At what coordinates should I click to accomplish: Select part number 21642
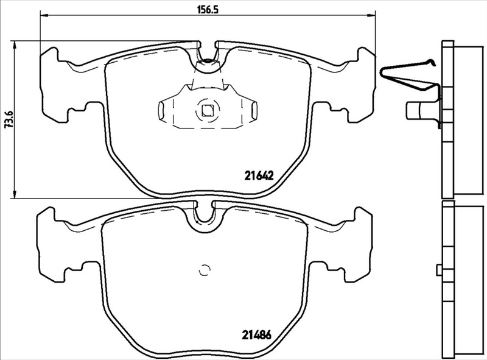pyautogui.click(x=257, y=174)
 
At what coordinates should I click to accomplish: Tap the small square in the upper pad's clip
pyautogui.click(x=208, y=111)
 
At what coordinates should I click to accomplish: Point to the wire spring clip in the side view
pyautogui.click(x=409, y=76)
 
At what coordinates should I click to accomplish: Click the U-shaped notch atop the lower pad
pyautogui.click(x=204, y=217)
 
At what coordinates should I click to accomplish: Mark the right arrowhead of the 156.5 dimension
pyautogui.click(x=373, y=16)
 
